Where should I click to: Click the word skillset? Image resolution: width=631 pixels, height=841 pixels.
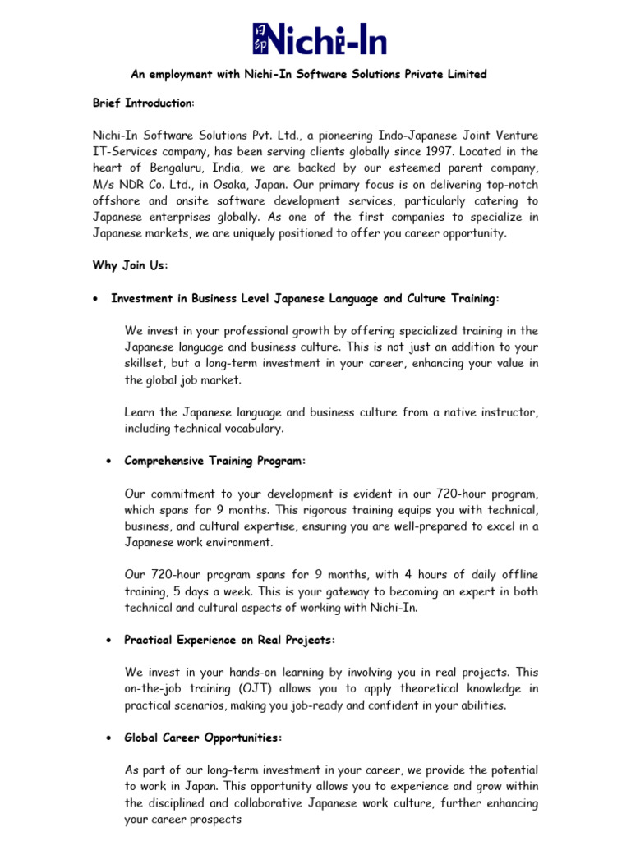point(145,363)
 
